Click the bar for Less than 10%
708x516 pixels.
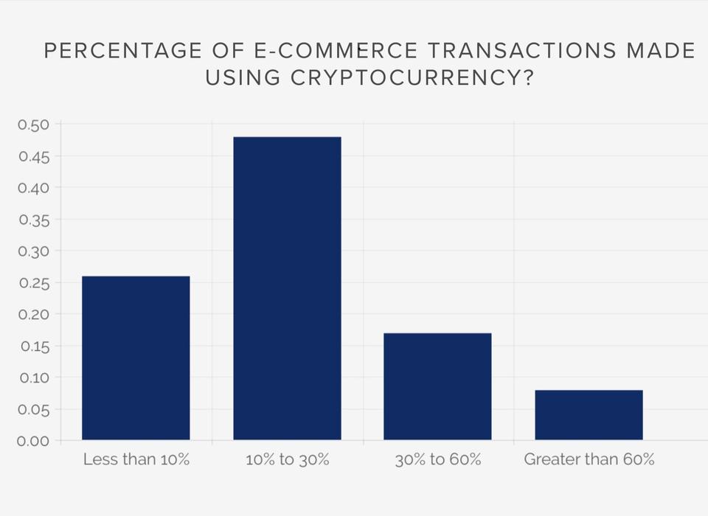click(x=136, y=358)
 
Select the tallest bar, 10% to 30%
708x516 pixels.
click(x=287, y=288)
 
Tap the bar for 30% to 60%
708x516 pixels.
click(x=438, y=386)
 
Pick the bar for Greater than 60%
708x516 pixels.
click(x=589, y=415)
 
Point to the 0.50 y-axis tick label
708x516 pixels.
click(x=33, y=125)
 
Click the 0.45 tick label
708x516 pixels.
click(x=33, y=156)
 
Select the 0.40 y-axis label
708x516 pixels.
click(x=33, y=188)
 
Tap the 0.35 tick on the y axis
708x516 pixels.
click(x=33, y=220)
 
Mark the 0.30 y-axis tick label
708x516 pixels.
click(x=33, y=251)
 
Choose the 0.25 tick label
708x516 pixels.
click(x=33, y=283)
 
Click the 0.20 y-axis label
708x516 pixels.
click(x=33, y=315)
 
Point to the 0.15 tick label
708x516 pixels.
click(x=33, y=346)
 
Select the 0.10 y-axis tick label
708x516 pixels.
click(x=33, y=378)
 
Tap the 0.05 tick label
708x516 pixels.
click(x=33, y=410)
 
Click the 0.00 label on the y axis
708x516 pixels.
click(x=33, y=441)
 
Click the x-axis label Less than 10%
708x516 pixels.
click(x=136, y=460)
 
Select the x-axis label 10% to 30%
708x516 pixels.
click(x=288, y=460)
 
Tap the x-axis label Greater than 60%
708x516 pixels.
click(x=589, y=460)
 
